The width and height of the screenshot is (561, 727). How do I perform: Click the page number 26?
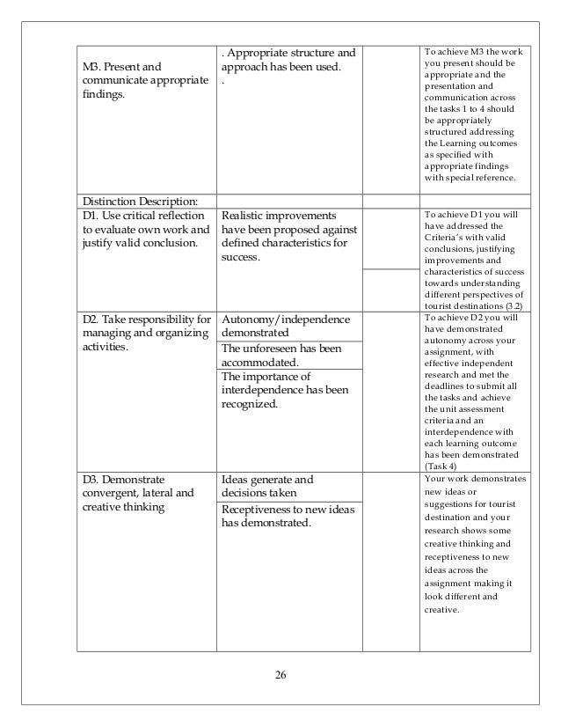click(280, 674)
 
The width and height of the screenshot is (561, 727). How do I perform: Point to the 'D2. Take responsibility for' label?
click(146, 319)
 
